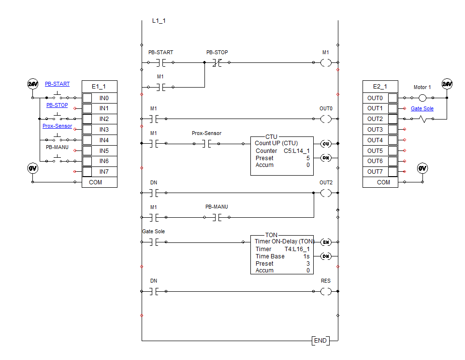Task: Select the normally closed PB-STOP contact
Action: pos(217,62)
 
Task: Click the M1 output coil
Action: pos(326,62)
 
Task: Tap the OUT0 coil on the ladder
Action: pos(326,119)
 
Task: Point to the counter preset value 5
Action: pos(307,158)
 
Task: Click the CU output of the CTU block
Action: pos(326,144)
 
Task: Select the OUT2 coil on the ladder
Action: pos(326,193)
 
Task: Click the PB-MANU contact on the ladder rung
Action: pos(217,217)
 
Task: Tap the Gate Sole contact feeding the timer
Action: pos(154,242)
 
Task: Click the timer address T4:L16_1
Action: pos(297,249)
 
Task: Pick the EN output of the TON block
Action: pos(326,242)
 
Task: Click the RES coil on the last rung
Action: pos(326,291)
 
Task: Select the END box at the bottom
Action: pos(320,341)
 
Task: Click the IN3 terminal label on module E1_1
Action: pos(104,130)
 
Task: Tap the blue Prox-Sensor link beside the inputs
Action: pos(57,126)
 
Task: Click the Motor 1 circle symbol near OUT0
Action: pos(422,98)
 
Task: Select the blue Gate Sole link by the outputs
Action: pos(422,109)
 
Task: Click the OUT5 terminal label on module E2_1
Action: pos(375,150)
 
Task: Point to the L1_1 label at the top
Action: pos(159,21)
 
